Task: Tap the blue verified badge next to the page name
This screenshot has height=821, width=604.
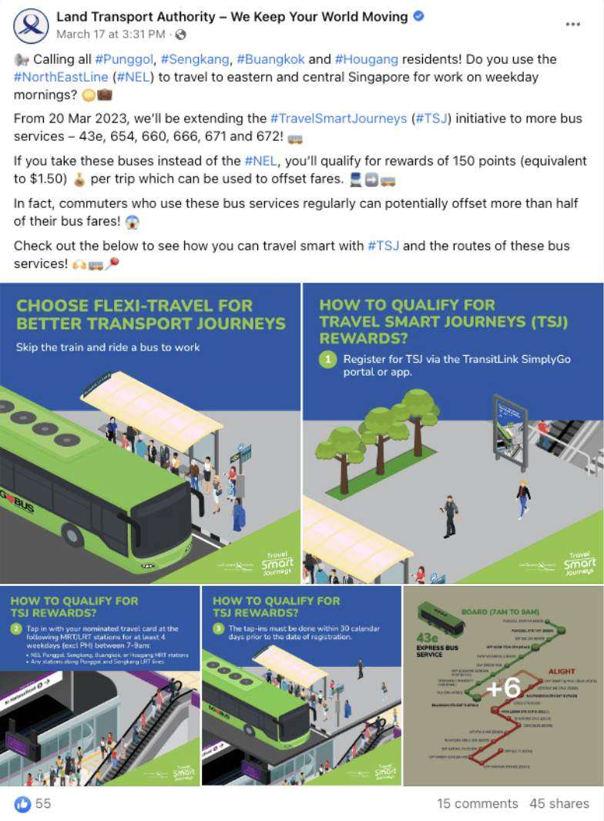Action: coord(419,16)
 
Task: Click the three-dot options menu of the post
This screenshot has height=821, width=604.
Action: coord(572,25)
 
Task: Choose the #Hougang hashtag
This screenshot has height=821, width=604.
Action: coord(365,59)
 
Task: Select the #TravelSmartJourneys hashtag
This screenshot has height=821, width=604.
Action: coord(338,119)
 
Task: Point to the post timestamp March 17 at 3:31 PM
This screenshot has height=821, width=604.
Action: coord(111,34)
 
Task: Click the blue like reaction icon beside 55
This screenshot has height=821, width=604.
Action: coord(22,803)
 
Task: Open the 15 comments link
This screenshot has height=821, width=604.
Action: coord(478,803)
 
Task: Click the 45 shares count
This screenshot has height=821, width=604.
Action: coord(559,803)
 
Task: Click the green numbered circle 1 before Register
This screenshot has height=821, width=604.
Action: coord(329,360)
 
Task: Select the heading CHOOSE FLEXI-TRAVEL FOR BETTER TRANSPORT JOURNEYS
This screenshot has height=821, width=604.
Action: coord(151,314)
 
